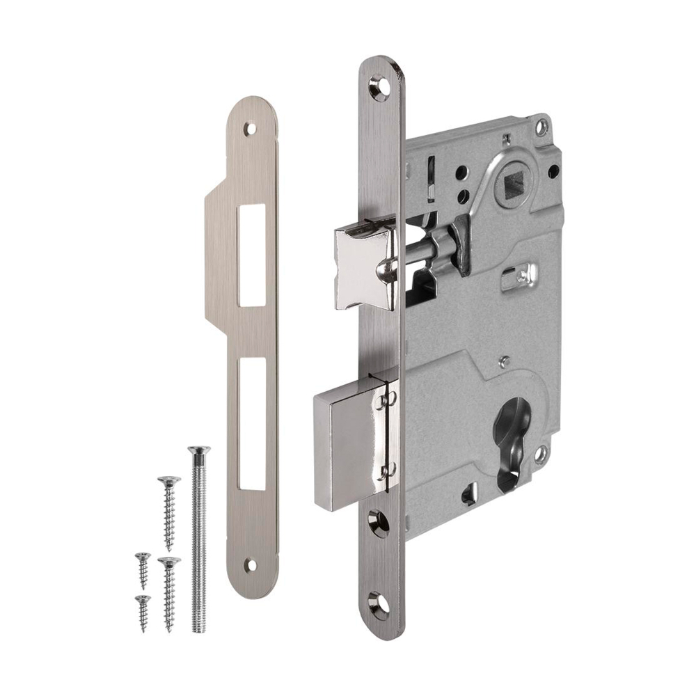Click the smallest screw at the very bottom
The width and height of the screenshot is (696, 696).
(143, 612)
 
